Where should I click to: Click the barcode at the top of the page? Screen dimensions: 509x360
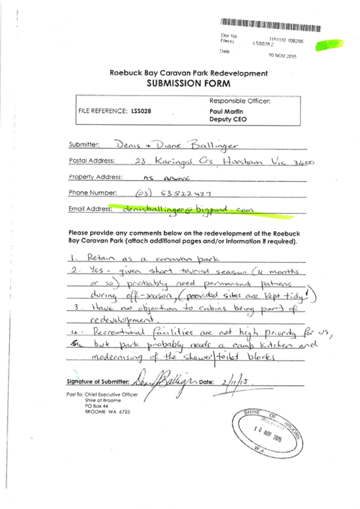pos(271,24)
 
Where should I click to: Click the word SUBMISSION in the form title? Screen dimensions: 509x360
pos(172,83)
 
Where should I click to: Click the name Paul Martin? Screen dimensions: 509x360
pos(219,112)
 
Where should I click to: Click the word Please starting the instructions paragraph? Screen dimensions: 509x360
pos(78,233)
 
